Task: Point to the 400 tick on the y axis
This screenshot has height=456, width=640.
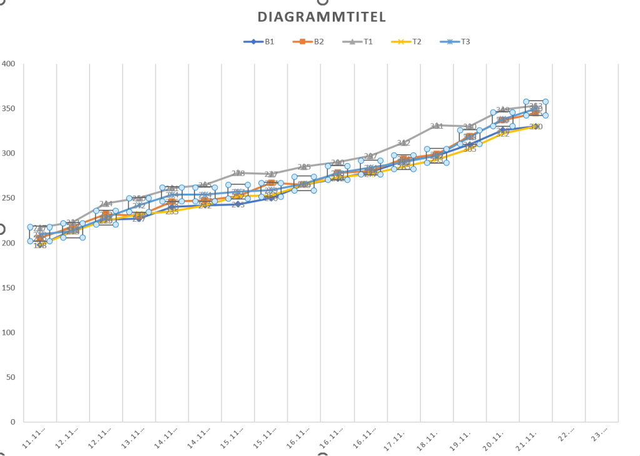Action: pyautogui.click(x=8, y=64)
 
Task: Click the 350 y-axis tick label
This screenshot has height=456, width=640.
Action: pyautogui.click(x=8, y=109)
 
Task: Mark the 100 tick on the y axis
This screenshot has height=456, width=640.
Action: pyautogui.click(x=8, y=332)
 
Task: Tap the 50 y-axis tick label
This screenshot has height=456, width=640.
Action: pyautogui.click(x=10, y=377)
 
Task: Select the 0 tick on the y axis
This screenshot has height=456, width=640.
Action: pyautogui.click(x=13, y=422)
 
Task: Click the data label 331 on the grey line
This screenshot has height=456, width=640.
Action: pyautogui.click(x=437, y=126)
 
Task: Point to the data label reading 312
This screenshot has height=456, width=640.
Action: pyautogui.click(x=404, y=143)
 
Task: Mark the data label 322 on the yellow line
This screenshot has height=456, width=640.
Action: pyautogui.click(x=502, y=134)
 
